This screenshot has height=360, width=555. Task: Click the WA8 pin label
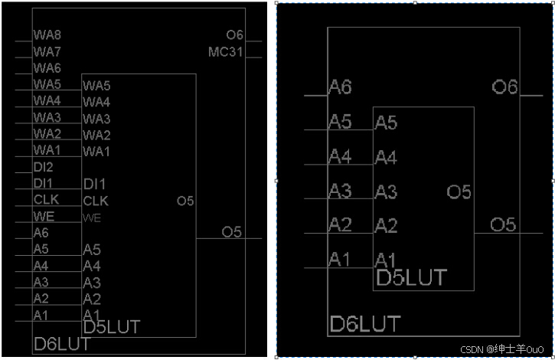[x=47, y=35]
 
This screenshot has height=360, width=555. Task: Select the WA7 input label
[x=47, y=52]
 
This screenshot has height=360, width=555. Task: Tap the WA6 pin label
[x=47, y=68]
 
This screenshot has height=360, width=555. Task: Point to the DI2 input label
[x=43, y=167]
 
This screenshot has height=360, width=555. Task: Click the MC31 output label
[x=225, y=52]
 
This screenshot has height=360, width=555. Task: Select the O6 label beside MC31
[x=234, y=35]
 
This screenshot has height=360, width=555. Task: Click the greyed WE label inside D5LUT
[x=92, y=218]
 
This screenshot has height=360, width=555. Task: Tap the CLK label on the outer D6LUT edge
[x=45, y=200]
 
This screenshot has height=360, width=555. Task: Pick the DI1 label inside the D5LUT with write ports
[x=93, y=184]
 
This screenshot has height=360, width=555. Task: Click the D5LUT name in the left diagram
[x=111, y=328]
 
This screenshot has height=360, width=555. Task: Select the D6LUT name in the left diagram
[x=61, y=345]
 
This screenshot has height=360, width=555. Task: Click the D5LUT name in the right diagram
[x=410, y=277]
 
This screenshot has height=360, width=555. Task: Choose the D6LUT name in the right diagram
[x=364, y=324]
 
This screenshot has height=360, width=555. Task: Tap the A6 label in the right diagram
[x=340, y=87]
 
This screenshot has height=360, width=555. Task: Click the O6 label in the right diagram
[x=504, y=87]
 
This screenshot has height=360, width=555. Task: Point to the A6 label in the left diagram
[x=41, y=233]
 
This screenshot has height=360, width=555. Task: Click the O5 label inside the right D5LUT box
[x=459, y=192]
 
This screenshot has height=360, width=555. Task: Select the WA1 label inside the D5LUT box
[x=96, y=151]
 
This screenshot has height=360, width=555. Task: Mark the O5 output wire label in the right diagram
[x=503, y=224]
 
